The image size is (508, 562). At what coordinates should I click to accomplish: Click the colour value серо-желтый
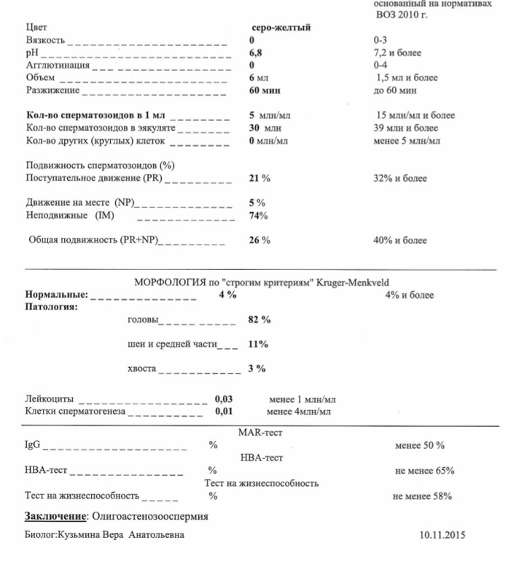click(x=280, y=28)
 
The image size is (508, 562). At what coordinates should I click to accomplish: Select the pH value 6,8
click(x=256, y=53)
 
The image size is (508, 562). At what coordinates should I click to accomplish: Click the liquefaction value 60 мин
click(x=265, y=91)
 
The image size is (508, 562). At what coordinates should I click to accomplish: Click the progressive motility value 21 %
click(x=259, y=178)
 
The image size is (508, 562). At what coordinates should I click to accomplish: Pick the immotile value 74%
click(x=258, y=215)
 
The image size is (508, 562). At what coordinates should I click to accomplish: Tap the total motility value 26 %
click(x=259, y=240)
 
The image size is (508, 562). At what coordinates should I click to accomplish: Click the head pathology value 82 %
click(x=259, y=320)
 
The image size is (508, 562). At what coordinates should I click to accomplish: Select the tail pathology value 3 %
click(x=257, y=369)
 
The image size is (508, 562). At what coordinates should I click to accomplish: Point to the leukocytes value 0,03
click(x=224, y=399)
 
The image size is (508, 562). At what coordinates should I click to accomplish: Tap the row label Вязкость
click(x=45, y=40)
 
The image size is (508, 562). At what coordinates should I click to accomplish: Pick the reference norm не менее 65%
click(x=424, y=471)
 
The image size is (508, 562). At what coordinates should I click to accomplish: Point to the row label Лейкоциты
click(x=50, y=399)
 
